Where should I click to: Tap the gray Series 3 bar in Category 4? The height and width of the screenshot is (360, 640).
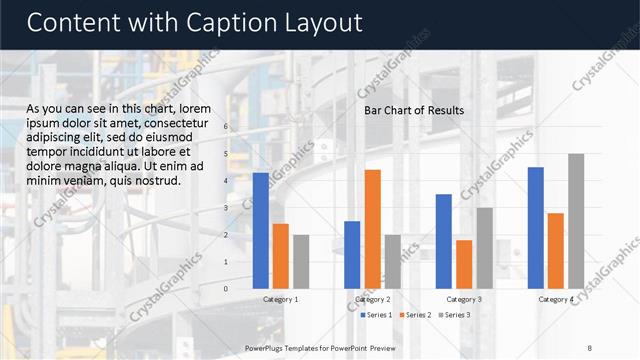point(576,220)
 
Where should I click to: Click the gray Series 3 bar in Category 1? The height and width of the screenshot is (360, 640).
point(301,261)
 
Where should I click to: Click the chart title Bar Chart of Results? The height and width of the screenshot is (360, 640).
point(414,110)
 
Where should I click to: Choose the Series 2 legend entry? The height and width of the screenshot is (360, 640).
point(415,315)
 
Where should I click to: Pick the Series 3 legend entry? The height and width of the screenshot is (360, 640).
point(454,315)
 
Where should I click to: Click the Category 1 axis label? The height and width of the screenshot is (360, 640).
point(281,299)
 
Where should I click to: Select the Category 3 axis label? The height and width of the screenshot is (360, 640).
point(464,299)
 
